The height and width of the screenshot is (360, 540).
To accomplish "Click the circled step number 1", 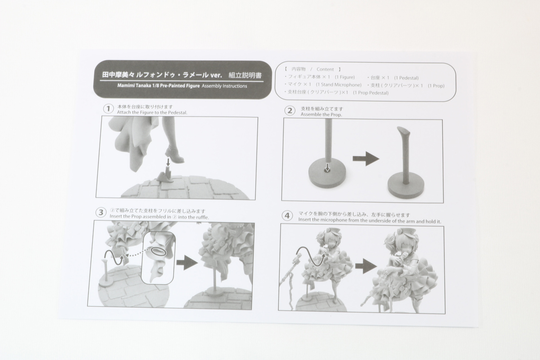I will tap(108, 109).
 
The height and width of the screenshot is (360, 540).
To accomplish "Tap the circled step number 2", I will tap(290, 111).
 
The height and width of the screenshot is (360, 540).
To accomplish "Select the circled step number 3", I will tap(101, 212).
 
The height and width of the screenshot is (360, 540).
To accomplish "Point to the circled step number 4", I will tap(287, 216).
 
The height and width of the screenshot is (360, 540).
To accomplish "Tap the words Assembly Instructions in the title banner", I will tap(224, 86).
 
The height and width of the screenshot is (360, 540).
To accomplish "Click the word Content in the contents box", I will tap(325, 69).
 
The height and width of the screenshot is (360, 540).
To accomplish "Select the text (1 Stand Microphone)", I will tap(339, 85).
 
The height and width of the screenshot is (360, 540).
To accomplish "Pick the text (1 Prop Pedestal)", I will tap(371, 93).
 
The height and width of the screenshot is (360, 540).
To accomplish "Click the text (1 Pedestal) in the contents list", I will tap(406, 78).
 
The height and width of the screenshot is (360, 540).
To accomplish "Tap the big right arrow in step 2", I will tap(366, 159).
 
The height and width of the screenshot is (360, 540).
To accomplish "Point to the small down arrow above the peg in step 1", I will tap(168, 162).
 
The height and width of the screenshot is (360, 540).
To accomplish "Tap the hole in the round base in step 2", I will tap(327, 170).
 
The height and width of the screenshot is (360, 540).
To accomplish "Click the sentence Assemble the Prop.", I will tap(321, 114).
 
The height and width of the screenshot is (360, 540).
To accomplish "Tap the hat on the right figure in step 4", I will tap(397, 233).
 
